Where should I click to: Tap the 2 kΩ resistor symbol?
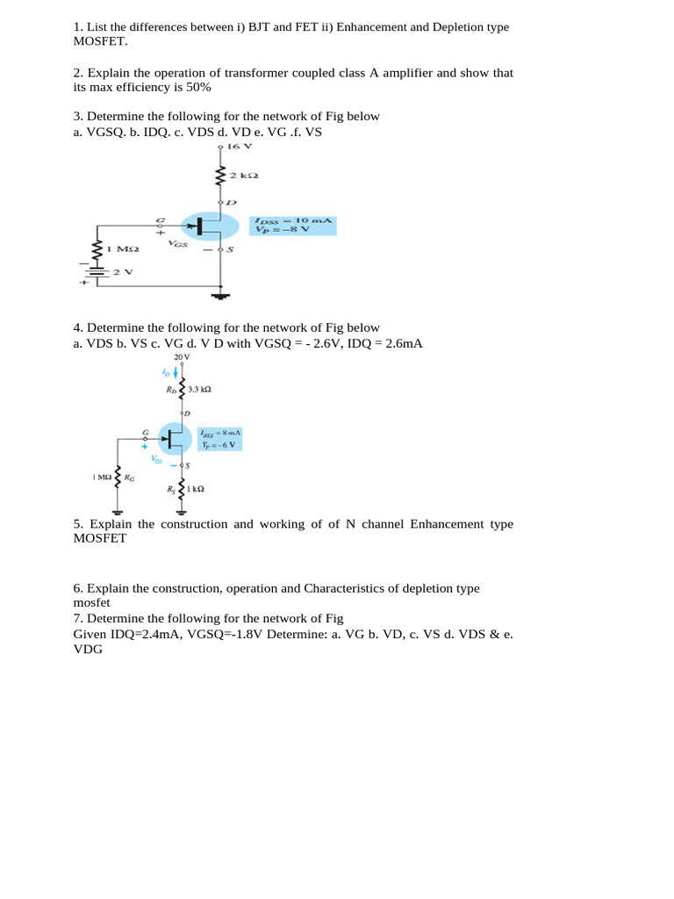(x=221, y=177)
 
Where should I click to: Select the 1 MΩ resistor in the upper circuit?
(x=96, y=248)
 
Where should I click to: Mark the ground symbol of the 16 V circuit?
(x=221, y=297)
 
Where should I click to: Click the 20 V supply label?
(x=182, y=357)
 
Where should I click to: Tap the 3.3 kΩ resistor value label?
(x=199, y=387)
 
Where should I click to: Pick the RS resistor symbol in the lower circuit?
(x=182, y=489)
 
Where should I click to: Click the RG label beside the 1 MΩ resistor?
(x=130, y=478)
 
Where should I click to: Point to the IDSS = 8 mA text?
(x=219, y=434)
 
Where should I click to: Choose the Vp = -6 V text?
(x=219, y=445)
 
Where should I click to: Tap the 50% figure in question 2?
(x=198, y=88)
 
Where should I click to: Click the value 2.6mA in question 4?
(x=404, y=343)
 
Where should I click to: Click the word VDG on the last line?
(x=89, y=650)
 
